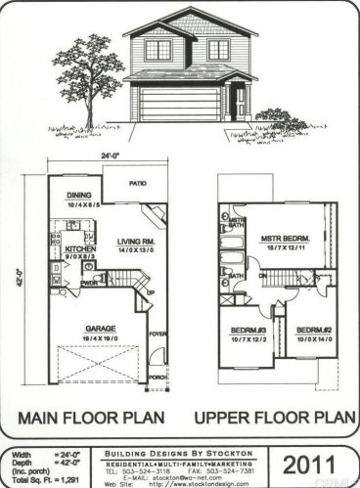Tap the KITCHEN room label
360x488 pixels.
pyautogui.click(x=78, y=249)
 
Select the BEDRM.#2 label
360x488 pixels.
pyautogui.click(x=312, y=332)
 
